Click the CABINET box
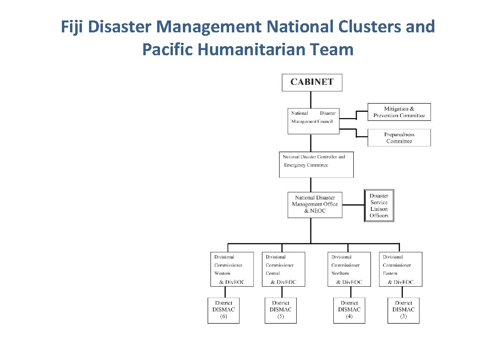(312, 82)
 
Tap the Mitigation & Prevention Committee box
(399, 112)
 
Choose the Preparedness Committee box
(399, 138)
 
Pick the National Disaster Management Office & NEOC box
(315, 204)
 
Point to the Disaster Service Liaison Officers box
(379, 206)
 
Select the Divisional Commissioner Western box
(232, 269)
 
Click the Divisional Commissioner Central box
(283, 269)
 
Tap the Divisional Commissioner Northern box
(349, 269)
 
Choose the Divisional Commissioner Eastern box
(400, 269)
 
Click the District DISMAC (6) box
(223, 310)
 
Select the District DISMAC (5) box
(280, 310)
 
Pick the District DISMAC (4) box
(349, 310)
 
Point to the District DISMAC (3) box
(403, 310)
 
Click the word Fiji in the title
(72, 27)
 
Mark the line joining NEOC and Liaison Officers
(353, 205)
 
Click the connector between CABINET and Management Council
(311, 100)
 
